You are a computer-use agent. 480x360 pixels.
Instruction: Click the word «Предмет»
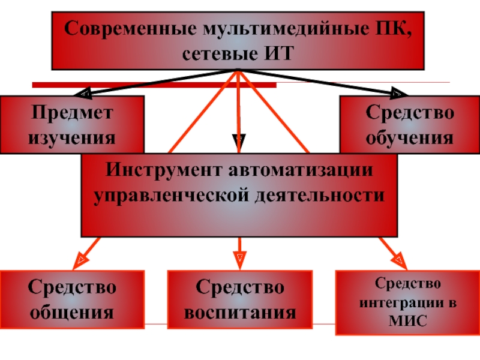[72, 113]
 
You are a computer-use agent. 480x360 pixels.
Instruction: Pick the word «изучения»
[72, 137]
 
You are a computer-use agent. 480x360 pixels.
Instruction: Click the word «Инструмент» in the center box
[163, 170]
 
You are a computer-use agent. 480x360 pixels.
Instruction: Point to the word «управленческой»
[171, 195]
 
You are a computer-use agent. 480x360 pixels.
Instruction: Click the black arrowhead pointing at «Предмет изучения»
[84, 94]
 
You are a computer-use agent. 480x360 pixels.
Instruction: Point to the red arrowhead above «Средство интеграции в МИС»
[398, 260]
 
